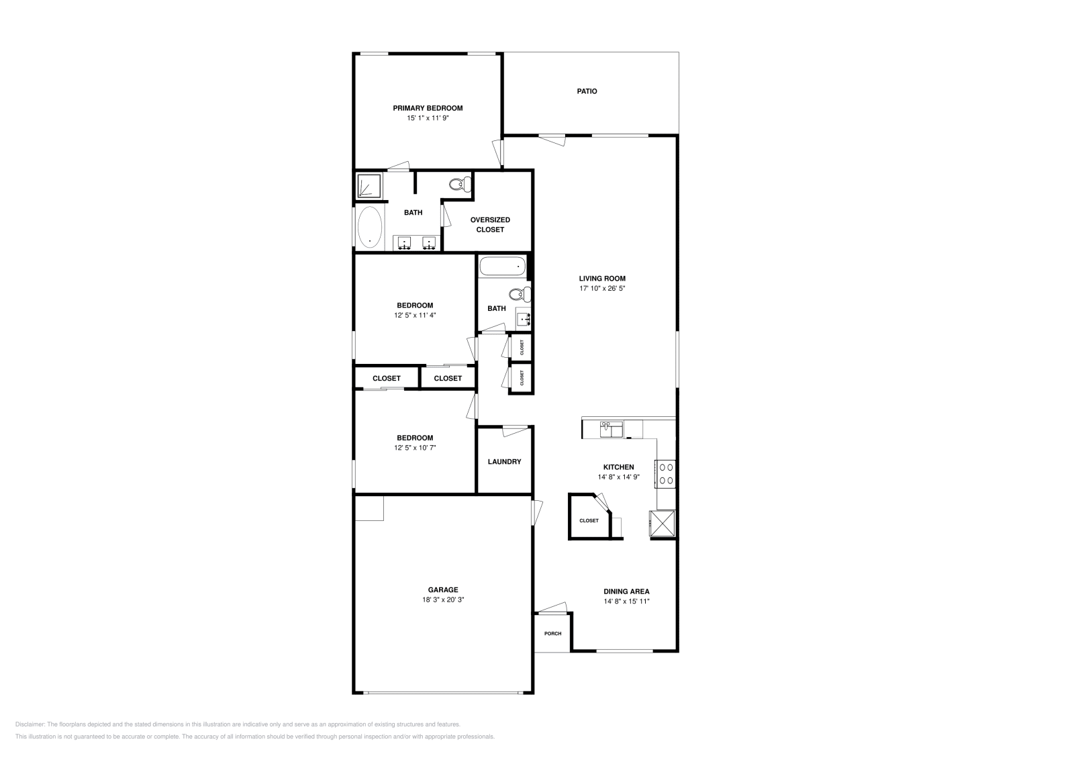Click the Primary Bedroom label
click(x=428, y=108)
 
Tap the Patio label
click(x=587, y=91)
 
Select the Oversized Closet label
click(x=490, y=224)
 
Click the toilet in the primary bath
click(x=460, y=184)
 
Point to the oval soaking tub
click(x=370, y=228)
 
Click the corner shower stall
click(x=369, y=186)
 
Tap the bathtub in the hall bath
click(x=503, y=266)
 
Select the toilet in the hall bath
click(x=520, y=293)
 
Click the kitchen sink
click(x=612, y=429)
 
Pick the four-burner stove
click(x=665, y=474)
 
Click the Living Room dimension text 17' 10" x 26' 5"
click(x=602, y=289)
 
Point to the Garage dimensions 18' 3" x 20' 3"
click(x=443, y=600)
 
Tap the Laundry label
click(x=504, y=462)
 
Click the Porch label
click(x=553, y=634)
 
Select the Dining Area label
click(x=626, y=591)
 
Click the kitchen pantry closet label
click(x=589, y=521)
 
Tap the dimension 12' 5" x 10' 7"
click(x=415, y=448)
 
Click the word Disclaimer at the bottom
click(x=30, y=724)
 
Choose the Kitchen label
click(x=618, y=467)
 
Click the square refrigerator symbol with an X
click(x=662, y=523)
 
